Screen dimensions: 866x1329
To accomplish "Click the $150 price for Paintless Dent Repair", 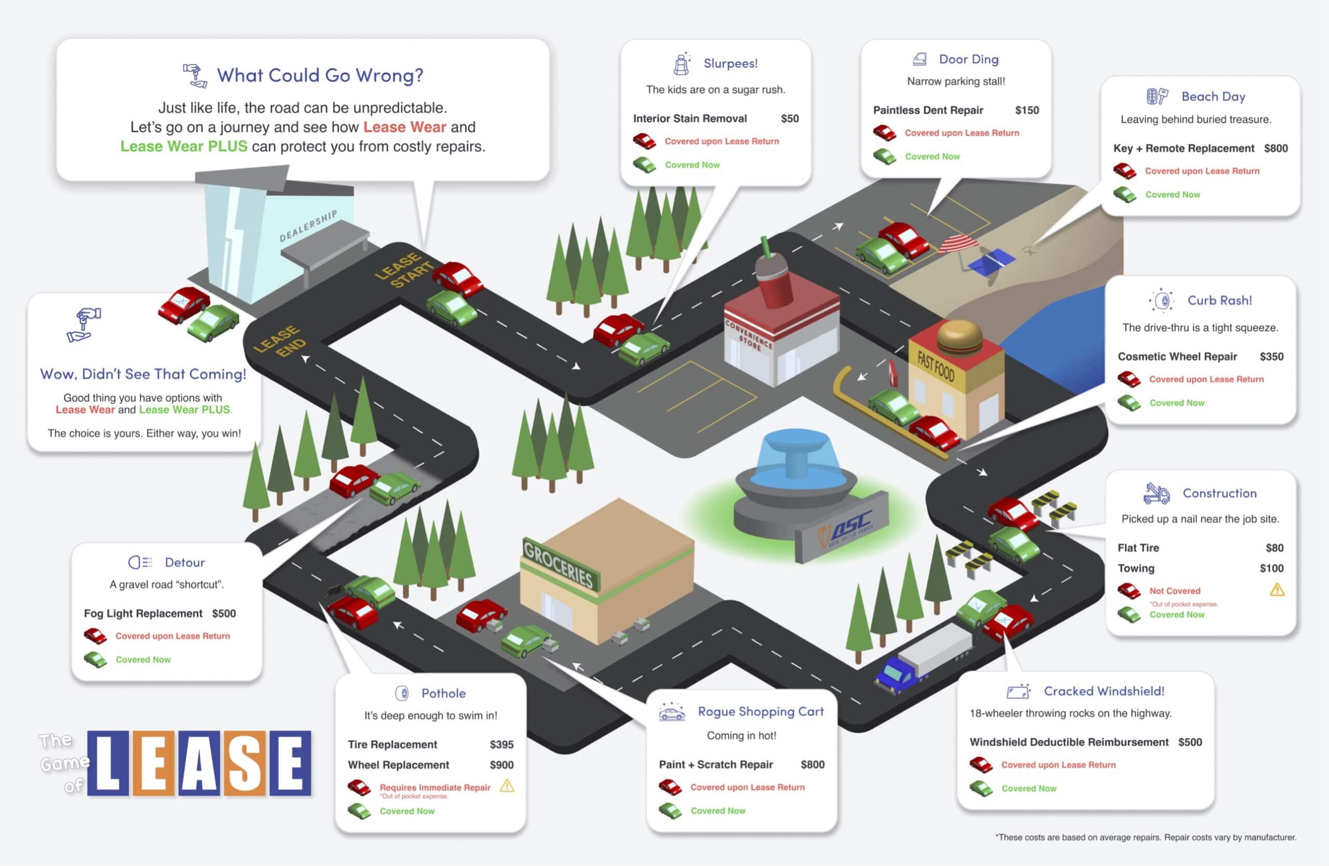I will pyautogui.click(x=1026, y=110).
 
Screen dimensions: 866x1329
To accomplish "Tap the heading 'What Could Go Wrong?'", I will pyautogui.click(x=320, y=75).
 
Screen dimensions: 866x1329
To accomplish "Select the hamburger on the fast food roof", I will pyautogui.click(x=959, y=337).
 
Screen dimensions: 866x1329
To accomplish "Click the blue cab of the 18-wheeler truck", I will pyautogui.click(x=897, y=674).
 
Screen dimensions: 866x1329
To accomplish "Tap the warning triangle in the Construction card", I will pyautogui.click(x=1277, y=590).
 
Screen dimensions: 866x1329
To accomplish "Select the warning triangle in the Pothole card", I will pyautogui.click(x=507, y=786).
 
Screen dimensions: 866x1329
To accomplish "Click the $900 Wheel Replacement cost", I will pyautogui.click(x=501, y=765).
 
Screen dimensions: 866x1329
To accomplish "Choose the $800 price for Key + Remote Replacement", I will pyautogui.click(x=1276, y=148).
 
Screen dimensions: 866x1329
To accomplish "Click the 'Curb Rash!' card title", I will pyautogui.click(x=1219, y=301).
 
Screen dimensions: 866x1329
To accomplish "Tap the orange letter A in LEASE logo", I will pyautogui.click(x=199, y=763).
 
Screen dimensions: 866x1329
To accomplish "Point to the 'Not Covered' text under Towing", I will pyautogui.click(x=1174, y=591).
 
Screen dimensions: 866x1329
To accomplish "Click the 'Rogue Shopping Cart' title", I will pyautogui.click(x=760, y=711).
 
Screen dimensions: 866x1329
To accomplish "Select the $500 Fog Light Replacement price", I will pyautogui.click(x=224, y=614).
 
